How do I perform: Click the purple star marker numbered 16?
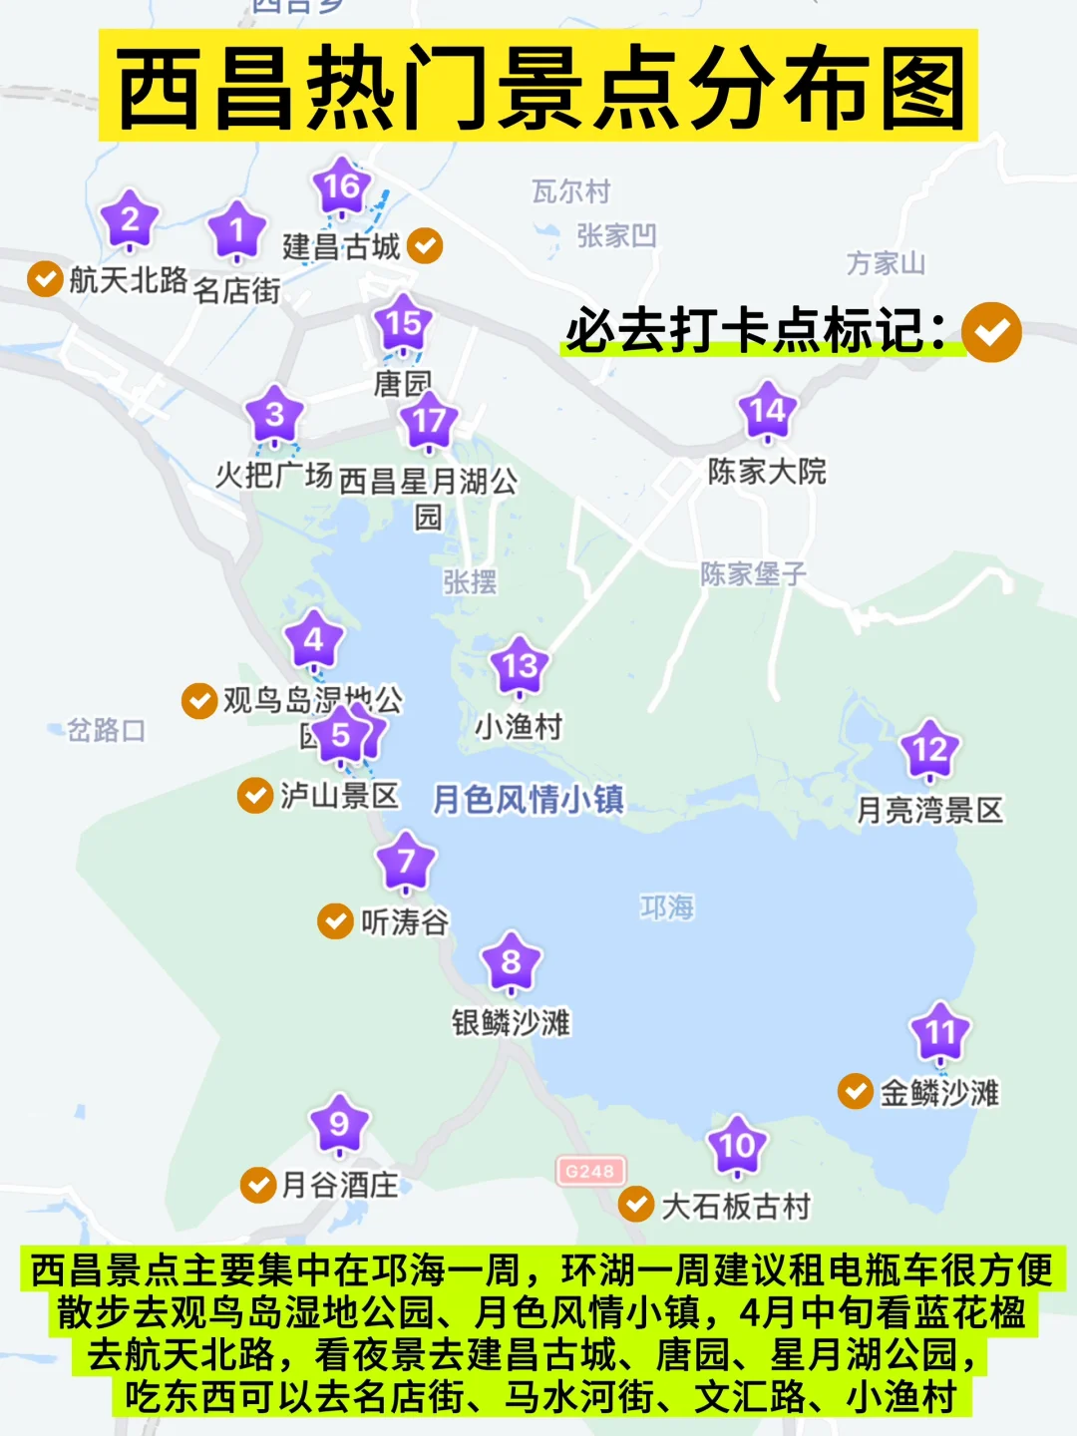click(x=341, y=186)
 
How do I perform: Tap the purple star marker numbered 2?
click(x=130, y=220)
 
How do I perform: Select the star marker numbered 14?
click(x=767, y=411)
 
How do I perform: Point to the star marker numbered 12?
click(x=929, y=750)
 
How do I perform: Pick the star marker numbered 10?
click(x=737, y=1146)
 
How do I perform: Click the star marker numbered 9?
click(x=339, y=1125)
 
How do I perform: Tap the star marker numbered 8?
click(x=511, y=962)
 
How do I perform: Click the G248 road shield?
click(x=590, y=1171)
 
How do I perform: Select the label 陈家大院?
click(x=767, y=471)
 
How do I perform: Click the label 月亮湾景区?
click(x=929, y=810)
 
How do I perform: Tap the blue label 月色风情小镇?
click(x=529, y=799)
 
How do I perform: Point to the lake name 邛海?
click(x=667, y=907)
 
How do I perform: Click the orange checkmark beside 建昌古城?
click(x=425, y=245)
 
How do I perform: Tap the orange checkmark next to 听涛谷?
click(x=335, y=921)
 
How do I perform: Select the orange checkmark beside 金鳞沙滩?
click(x=856, y=1091)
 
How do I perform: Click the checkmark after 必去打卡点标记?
click(x=991, y=332)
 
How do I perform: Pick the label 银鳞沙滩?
click(x=511, y=1022)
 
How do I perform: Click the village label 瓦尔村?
click(x=570, y=191)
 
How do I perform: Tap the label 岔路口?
click(x=106, y=730)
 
